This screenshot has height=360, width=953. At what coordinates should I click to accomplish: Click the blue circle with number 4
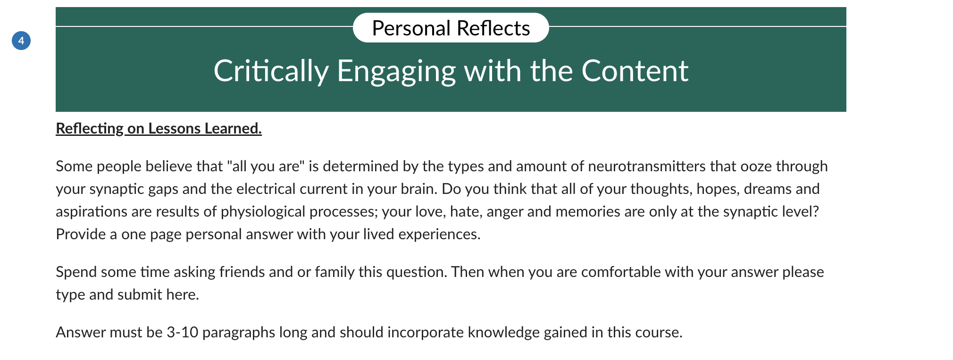coord(21,41)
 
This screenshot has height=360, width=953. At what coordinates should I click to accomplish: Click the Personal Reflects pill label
coord(451,28)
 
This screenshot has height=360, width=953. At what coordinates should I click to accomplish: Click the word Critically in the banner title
coord(271,71)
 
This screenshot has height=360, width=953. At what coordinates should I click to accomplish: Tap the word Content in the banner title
coord(635,71)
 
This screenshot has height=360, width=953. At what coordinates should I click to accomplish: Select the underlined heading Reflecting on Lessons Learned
coord(159,128)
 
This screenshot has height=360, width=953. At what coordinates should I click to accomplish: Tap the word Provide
coord(81,234)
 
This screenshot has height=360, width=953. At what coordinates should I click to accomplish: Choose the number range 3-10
coord(183,332)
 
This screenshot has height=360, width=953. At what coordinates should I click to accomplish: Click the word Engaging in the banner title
coord(396,71)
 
